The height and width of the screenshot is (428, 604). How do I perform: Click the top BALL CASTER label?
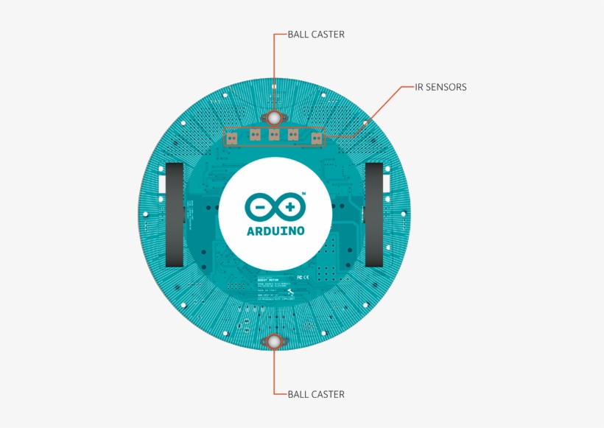click(316, 34)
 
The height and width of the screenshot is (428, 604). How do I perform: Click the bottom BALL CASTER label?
click(316, 394)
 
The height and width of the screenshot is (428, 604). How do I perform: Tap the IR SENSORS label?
click(440, 87)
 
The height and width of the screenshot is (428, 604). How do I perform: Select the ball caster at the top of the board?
click(273, 118)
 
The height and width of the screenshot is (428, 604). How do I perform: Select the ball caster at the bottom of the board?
click(273, 341)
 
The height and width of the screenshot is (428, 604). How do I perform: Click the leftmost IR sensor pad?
click(231, 136)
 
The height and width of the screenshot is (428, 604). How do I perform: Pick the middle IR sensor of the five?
click(273, 134)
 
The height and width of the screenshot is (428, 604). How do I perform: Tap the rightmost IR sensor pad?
click(316, 137)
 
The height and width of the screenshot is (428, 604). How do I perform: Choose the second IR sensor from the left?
click(255, 134)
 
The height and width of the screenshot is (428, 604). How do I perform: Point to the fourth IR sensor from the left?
click(292, 134)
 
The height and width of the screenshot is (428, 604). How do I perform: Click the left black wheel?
click(174, 214)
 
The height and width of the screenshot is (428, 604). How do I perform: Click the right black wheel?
click(375, 214)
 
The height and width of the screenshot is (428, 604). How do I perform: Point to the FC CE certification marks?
click(331, 278)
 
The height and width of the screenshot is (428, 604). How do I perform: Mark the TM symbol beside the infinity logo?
click(304, 194)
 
